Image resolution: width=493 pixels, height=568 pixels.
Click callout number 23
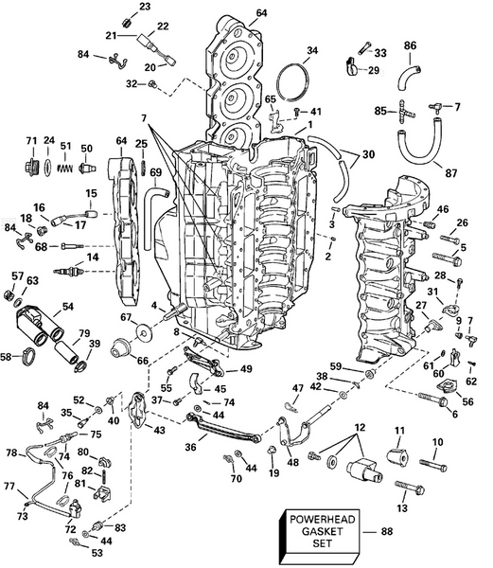pos(144,7)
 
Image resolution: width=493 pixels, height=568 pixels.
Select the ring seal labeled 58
pos(29,357)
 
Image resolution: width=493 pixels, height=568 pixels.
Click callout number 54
pos(67,307)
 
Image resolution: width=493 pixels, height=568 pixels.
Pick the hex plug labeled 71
pos(29,167)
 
